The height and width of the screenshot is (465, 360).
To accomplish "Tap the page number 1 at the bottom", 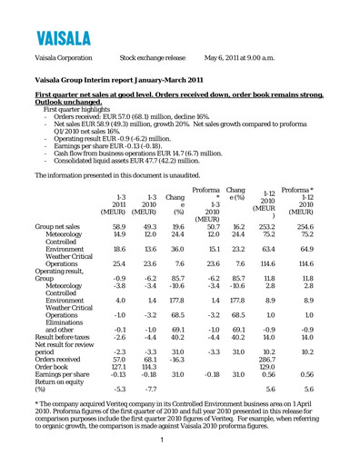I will [179, 441].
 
